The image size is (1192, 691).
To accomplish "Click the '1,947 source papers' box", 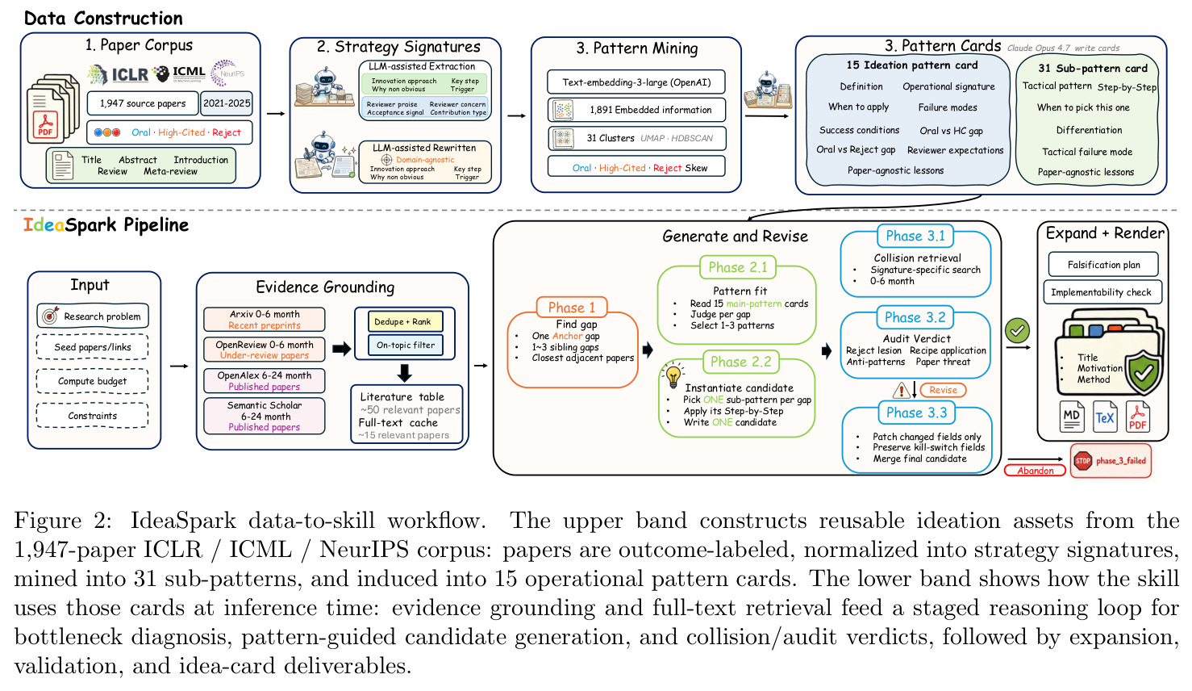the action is tap(143, 103).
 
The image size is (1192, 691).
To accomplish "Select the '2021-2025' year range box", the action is tap(227, 103).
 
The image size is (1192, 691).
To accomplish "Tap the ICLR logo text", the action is tap(129, 74).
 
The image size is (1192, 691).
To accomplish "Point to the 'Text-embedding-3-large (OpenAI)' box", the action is tap(636, 82).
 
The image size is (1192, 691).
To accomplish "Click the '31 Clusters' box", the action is tap(636, 138).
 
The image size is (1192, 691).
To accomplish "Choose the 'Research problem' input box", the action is tap(93, 316).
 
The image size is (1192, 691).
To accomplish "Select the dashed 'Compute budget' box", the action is tap(92, 381).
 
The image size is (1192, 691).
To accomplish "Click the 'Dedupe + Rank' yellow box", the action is tap(405, 321).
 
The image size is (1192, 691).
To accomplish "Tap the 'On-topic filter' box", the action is tap(405, 345).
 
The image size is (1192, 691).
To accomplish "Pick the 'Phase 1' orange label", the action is tap(572, 308).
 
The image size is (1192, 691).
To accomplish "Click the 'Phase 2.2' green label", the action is tap(740, 362).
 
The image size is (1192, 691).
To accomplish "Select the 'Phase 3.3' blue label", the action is tap(916, 413).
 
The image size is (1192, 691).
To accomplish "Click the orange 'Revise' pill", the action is tap(943, 390).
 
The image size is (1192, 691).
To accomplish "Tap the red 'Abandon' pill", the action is tap(1035, 471).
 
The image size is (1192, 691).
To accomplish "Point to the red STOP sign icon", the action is tap(1083, 461).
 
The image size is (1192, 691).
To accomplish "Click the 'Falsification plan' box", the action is tap(1103, 265).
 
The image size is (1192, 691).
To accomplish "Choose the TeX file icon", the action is tap(1105, 417).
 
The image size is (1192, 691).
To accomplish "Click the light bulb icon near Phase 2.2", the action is tap(673, 375).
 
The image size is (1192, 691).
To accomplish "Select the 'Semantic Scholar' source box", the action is tap(264, 416).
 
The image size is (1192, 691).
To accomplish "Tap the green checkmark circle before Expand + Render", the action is tap(1017, 331).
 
